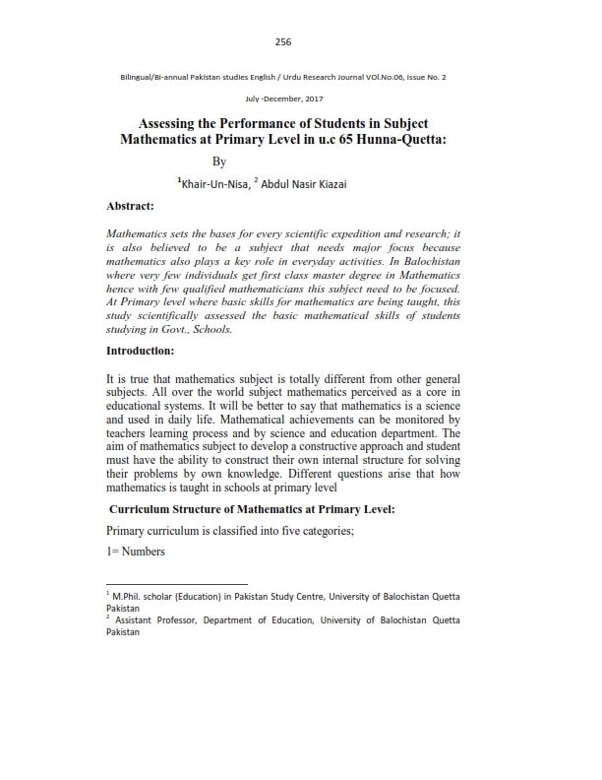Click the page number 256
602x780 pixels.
pyautogui.click(x=283, y=41)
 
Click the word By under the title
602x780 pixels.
pyautogui.click(x=219, y=162)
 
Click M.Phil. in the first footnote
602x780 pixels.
pyautogui.click(x=128, y=598)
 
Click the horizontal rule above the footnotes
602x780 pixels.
pyautogui.click(x=177, y=584)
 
